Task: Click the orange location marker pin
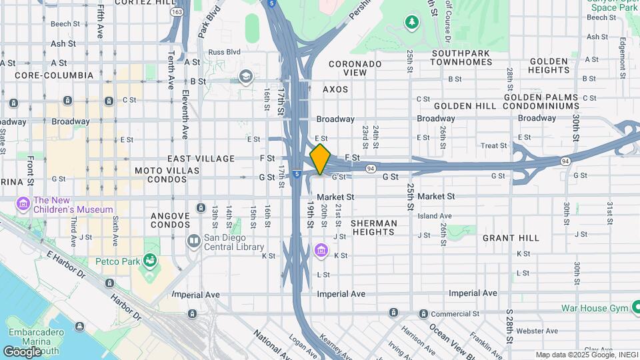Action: click(x=321, y=159)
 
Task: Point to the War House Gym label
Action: click(x=593, y=308)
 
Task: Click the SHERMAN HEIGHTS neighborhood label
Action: click(x=373, y=227)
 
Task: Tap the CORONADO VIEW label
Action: click(x=354, y=67)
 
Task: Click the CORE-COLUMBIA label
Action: click(x=55, y=75)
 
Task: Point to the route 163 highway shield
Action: click(x=177, y=12)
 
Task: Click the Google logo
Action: click(x=23, y=351)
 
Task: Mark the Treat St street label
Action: click(x=494, y=145)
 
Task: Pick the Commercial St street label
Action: click(x=457, y=313)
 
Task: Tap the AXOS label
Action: click(x=335, y=89)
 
